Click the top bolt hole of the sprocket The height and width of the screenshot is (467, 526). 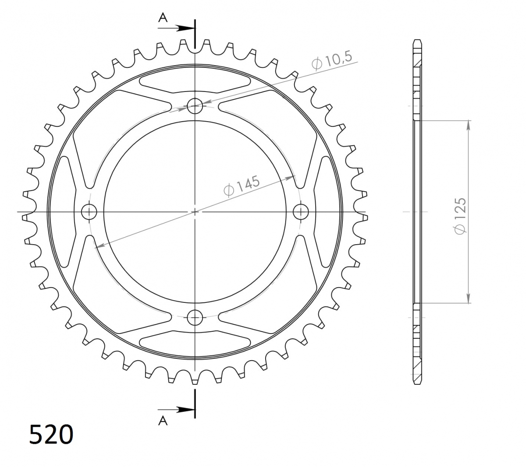[x=195, y=106]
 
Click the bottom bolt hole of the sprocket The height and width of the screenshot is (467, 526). [x=195, y=317]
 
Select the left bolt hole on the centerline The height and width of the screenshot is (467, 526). [x=89, y=212]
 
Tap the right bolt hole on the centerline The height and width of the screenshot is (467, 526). [x=301, y=212]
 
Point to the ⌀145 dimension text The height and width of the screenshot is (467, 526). [x=241, y=186]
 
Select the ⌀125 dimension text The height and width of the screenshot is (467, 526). [x=460, y=216]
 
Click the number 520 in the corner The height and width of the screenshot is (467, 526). [x=51, y=434]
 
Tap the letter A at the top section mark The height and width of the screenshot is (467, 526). [x=163, y=18]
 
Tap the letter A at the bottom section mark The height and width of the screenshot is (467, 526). [x=163, y=421]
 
